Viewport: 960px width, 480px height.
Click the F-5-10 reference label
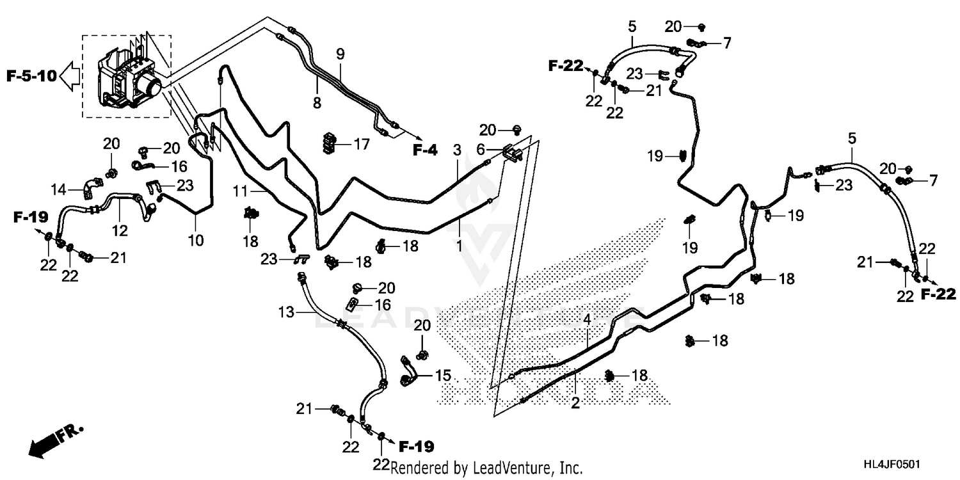[x=31, y=77]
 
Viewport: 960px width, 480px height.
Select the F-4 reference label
[x=424, y=151]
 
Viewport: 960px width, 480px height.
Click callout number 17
[x=362, y=145]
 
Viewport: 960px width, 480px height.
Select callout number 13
[x=285, y=313]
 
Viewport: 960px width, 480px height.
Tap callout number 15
[x=443, y=375]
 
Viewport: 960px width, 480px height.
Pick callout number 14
[x=59, y=189]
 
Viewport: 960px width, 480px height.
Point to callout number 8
[x=317, y=102]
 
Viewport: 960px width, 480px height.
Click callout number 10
[x=196, y=241]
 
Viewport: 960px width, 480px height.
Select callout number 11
[x=240, y=191]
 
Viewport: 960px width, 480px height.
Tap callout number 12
[x=121, y=230]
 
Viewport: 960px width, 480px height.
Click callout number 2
[x=575, y=403]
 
